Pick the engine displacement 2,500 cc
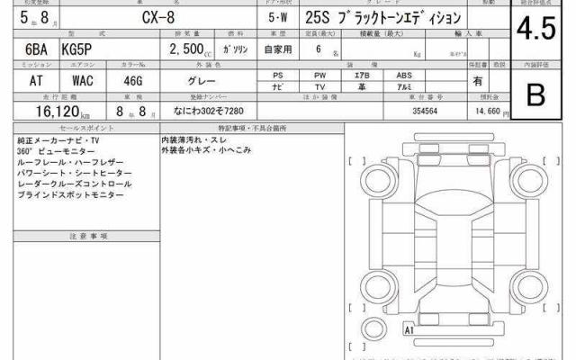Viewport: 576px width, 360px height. point(193,51)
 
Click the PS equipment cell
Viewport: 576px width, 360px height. point(279,76)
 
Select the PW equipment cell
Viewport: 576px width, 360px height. point(321,76)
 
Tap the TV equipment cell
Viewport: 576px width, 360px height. point(321,86)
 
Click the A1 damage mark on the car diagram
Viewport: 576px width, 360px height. point(409,330)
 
